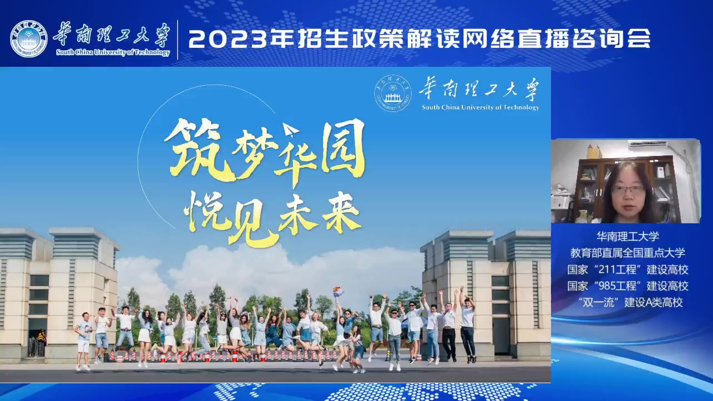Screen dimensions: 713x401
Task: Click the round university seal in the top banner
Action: tap(28, 40)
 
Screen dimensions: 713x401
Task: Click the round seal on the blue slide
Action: tap(393, 93)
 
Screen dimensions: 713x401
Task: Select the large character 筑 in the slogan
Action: tap(199, 150)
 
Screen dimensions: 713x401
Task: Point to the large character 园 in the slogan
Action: tap(343, 147)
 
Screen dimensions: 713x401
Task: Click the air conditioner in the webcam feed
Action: tap(648, 145)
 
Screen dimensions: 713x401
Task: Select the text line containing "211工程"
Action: tap(628, 270)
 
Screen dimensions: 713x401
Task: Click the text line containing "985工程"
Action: tap(628, 286)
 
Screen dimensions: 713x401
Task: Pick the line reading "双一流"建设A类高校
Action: tap(630, 302)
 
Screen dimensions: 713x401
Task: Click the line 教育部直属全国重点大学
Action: tap(628, 253)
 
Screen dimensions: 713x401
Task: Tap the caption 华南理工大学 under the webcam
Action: tap(628, 236)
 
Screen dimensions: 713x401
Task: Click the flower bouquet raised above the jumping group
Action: tap(338, 291)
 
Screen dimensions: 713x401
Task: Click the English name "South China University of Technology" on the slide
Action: tap(481, 107)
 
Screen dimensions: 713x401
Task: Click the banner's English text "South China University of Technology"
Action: tap(113, 52)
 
